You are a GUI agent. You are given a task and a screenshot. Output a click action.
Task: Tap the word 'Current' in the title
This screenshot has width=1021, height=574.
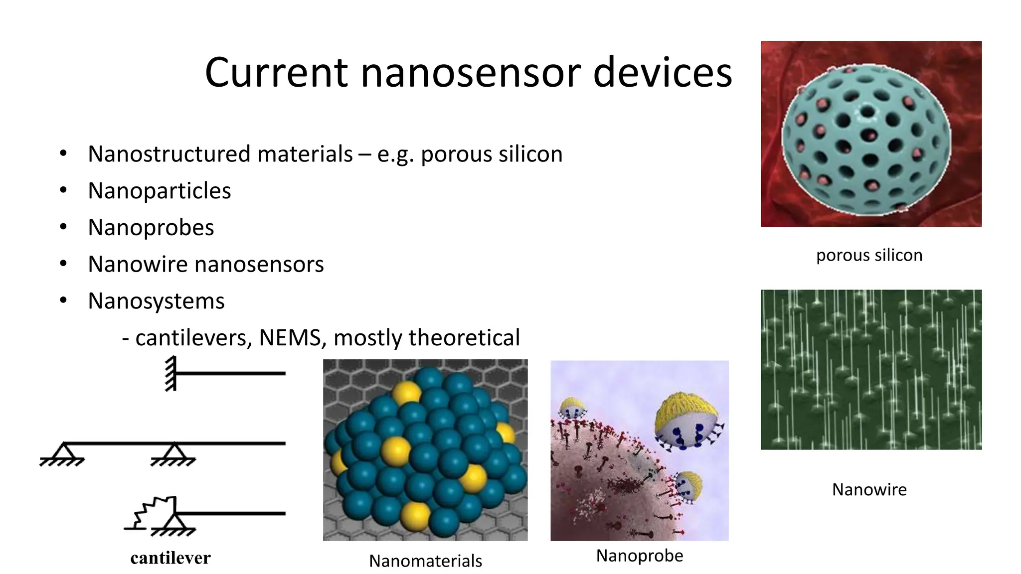[x=276, y=73]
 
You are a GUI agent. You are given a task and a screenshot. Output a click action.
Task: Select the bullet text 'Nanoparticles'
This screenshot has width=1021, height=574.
[x=159, y=191]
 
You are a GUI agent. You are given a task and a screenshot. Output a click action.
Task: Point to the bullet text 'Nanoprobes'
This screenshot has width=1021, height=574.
[x=151, y=228]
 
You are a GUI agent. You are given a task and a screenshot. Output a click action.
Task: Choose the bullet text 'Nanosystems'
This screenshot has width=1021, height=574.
[x=156, y=301]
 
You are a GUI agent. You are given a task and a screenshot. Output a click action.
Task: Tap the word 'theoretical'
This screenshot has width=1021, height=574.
[x=464, y=338]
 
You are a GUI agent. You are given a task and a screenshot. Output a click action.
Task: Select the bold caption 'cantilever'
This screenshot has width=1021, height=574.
[x=170, y=558]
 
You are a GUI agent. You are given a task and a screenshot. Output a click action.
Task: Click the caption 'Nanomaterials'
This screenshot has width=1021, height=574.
[x=425, y=561]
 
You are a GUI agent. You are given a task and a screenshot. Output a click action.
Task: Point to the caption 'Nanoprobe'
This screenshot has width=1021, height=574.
[x=640, y=556]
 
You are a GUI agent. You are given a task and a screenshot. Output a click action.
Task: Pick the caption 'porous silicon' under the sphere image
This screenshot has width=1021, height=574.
[x=869, y=255]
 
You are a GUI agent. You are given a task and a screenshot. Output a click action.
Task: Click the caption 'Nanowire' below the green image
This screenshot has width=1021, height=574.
[x=869, y=490]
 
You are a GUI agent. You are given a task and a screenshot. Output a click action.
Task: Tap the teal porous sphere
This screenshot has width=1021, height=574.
[x=866, y=140]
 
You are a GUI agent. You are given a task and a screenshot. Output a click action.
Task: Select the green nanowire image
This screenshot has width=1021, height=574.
[x=871, y=370]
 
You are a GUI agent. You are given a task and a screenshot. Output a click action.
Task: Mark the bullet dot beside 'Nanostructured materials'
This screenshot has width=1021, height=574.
[x=63, y=154]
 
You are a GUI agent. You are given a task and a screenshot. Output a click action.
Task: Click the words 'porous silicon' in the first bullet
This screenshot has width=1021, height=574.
[x=492, y=154]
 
